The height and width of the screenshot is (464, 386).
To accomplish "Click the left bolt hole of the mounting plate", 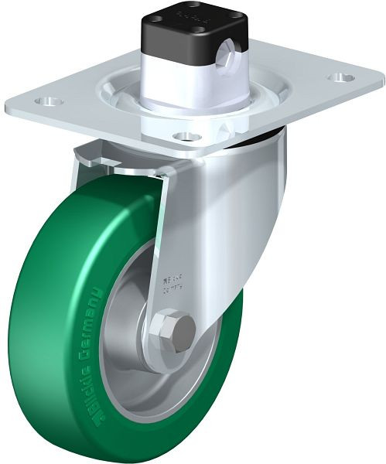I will [51, 101].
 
